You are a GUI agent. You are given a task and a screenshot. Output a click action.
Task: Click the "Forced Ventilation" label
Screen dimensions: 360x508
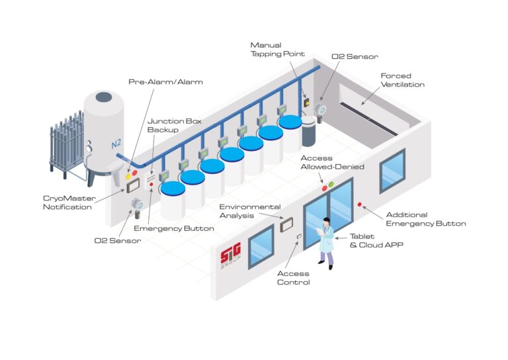pyautogui.click(x=402, y=80)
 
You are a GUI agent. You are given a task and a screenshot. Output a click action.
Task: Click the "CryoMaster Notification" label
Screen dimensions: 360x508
pyautogui.click(x=68, y=202)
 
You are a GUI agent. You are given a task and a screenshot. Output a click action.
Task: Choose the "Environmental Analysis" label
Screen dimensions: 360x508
pyautogui.click(x=250, y=211)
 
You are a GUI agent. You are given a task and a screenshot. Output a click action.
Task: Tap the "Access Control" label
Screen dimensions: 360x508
pyautogui.click(x=293, y=277)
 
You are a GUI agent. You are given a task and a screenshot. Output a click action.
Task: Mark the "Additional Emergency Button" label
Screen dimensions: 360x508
pyautogui.click(x=425, y=219)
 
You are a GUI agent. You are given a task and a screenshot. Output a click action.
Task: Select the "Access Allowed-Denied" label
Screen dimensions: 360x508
pyautogui.click(x=332, y=162)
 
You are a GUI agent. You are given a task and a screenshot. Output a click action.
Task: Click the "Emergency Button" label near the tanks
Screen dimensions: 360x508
pyautogui.click(x=174, y=228)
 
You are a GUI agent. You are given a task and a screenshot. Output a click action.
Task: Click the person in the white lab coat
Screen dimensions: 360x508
pyautogui.click(x=326, y=242)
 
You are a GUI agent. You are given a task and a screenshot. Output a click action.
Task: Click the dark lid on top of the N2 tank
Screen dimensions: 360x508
pyautogui.click(x=104, y=97)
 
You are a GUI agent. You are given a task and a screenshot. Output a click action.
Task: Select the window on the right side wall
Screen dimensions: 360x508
pyautogui.click(x=392, y=170)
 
